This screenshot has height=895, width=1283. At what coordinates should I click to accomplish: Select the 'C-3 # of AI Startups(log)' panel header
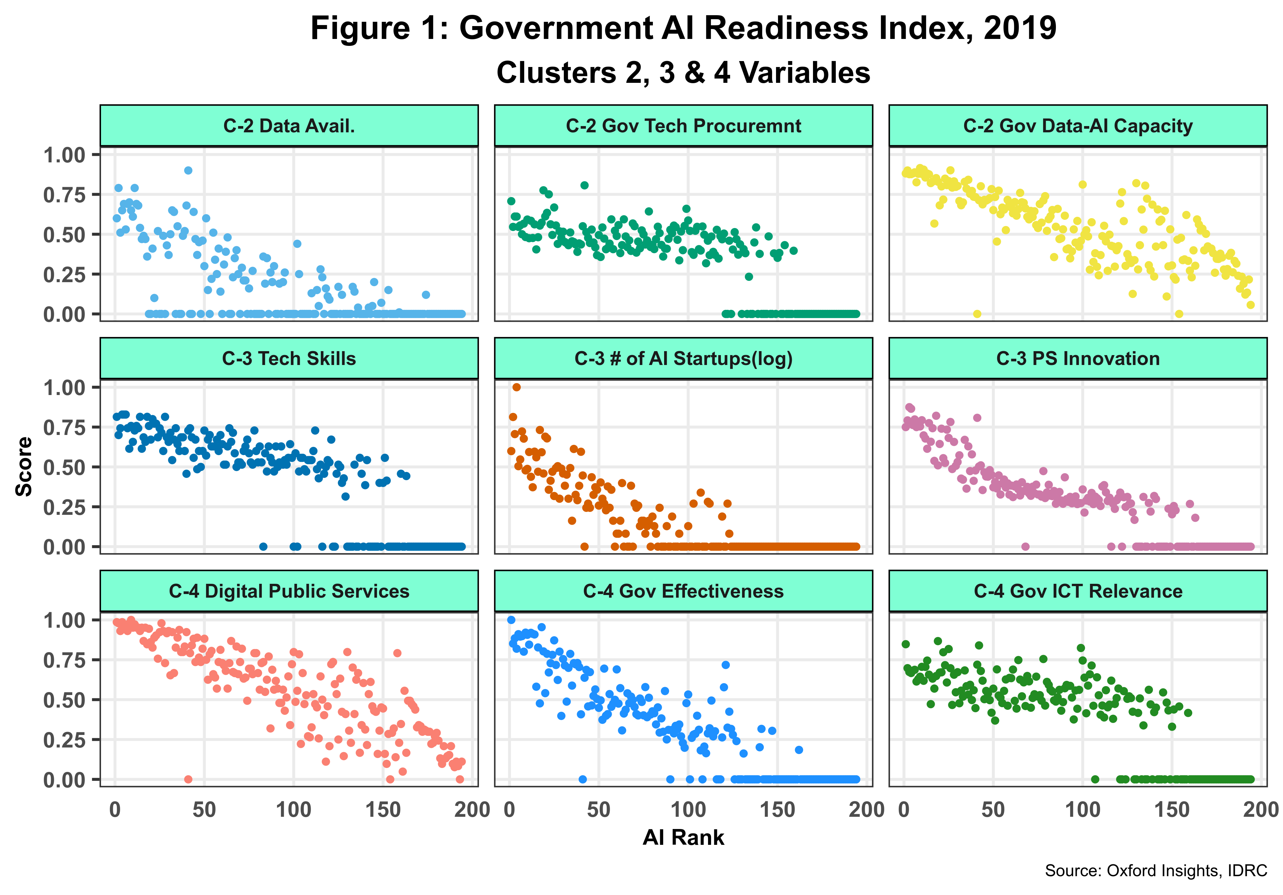683,359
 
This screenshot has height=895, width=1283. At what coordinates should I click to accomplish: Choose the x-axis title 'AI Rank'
683,838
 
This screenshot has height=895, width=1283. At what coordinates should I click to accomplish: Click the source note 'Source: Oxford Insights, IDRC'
1156,871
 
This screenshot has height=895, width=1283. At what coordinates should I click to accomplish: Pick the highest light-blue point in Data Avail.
188,170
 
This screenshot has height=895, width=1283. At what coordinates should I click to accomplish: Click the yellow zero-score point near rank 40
977,314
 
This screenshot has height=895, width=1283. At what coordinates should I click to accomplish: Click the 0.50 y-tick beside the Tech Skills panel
64,467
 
